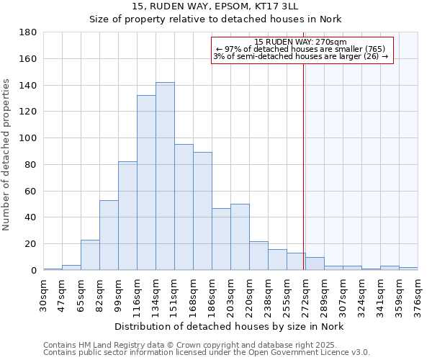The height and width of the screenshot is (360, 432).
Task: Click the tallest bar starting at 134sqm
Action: pyautogui.click(x=165, y=176)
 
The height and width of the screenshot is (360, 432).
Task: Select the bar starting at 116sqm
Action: pyautogui.click(x=146, y=183)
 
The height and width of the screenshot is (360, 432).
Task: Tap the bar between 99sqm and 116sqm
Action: pyautogui.click(x=127, y=216)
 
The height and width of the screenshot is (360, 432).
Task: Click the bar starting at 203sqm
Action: pyautogui.click(x=240, y=237)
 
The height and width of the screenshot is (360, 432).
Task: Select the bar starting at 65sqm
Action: pyautogui.click(x=90, y=255)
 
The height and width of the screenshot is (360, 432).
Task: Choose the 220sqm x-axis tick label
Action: pyautogui.click(x=249, y=294)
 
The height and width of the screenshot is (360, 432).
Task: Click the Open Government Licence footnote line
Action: pyautogui.click(x=207, y=353)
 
